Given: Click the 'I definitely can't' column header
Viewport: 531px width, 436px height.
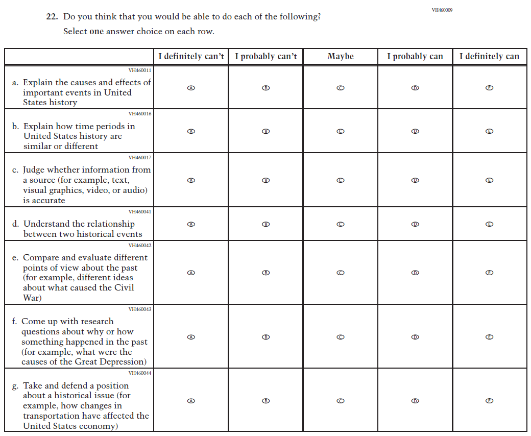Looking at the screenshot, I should point(191,56).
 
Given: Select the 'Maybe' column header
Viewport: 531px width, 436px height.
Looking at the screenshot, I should point(341,56).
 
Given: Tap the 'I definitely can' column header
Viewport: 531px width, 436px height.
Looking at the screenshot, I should point(489,56).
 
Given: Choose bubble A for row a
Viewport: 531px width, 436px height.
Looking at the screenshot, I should point(191,88).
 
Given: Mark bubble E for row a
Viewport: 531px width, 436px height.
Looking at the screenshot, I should point(489,88).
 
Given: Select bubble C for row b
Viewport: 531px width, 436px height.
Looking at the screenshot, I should point(341,131).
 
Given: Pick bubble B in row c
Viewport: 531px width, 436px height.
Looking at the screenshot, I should point(265,180).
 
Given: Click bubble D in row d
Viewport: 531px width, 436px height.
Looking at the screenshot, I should point(415,224).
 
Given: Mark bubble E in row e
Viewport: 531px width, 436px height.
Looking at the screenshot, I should point(489,273).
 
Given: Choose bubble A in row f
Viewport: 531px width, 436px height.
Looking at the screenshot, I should point(191,337).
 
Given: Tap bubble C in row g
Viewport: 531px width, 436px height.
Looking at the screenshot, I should point(341,401).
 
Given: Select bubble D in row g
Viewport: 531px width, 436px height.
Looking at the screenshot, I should point(415,401).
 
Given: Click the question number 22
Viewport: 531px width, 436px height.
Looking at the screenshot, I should point(52,17).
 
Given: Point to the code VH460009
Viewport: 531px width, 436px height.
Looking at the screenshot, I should point(442,10).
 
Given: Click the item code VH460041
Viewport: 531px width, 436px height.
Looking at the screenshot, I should point(139,211).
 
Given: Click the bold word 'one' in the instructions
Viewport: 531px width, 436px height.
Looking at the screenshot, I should point(96,32).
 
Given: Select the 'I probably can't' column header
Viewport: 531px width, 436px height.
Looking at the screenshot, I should point(265,56).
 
